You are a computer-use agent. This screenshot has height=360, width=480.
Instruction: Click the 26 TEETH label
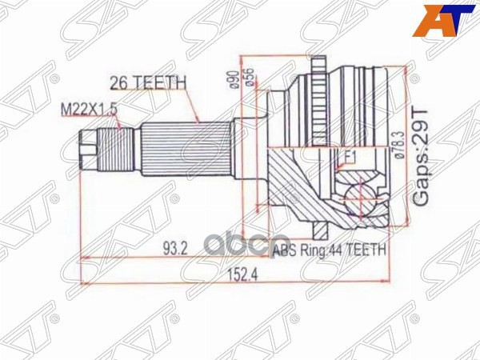click(x=147, y=81)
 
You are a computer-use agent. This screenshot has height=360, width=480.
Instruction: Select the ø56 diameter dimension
click(x=250, y=77)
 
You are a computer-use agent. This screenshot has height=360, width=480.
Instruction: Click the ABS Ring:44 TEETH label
click(x=329, y=250)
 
